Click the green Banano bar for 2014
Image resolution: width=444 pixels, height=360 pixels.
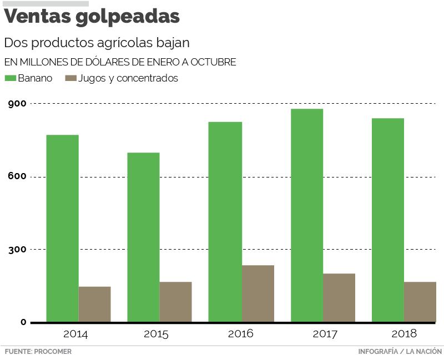(x=62, y=228)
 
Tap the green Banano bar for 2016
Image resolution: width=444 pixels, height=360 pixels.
(x=225, y=222)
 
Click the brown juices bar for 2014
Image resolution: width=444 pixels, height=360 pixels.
(x=94, y=304)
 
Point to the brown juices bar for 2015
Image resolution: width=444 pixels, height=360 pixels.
(x=175, y=302)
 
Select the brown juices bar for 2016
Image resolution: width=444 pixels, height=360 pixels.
(x=258, y=293)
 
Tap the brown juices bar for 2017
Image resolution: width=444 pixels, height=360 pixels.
(x=339, y=297)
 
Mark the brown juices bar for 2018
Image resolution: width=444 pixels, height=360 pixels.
(x=420, y=302)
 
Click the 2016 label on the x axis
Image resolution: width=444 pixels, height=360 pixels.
(x=240, y=334)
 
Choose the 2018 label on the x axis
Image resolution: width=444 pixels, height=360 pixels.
(x=403, y=334)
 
